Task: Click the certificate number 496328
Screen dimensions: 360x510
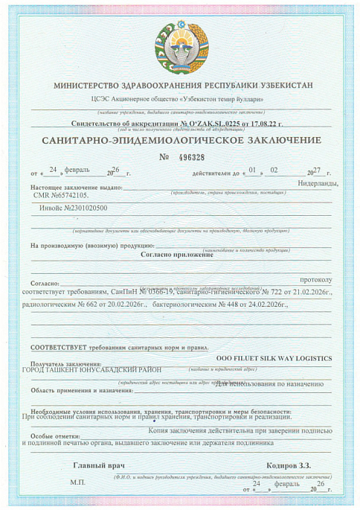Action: [x=192, y=157]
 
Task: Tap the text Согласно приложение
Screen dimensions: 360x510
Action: [x=176, y=254]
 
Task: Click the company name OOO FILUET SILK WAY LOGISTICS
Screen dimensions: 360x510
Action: [x=273, y=358]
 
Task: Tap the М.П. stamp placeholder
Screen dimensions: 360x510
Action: [x=78, y=482]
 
